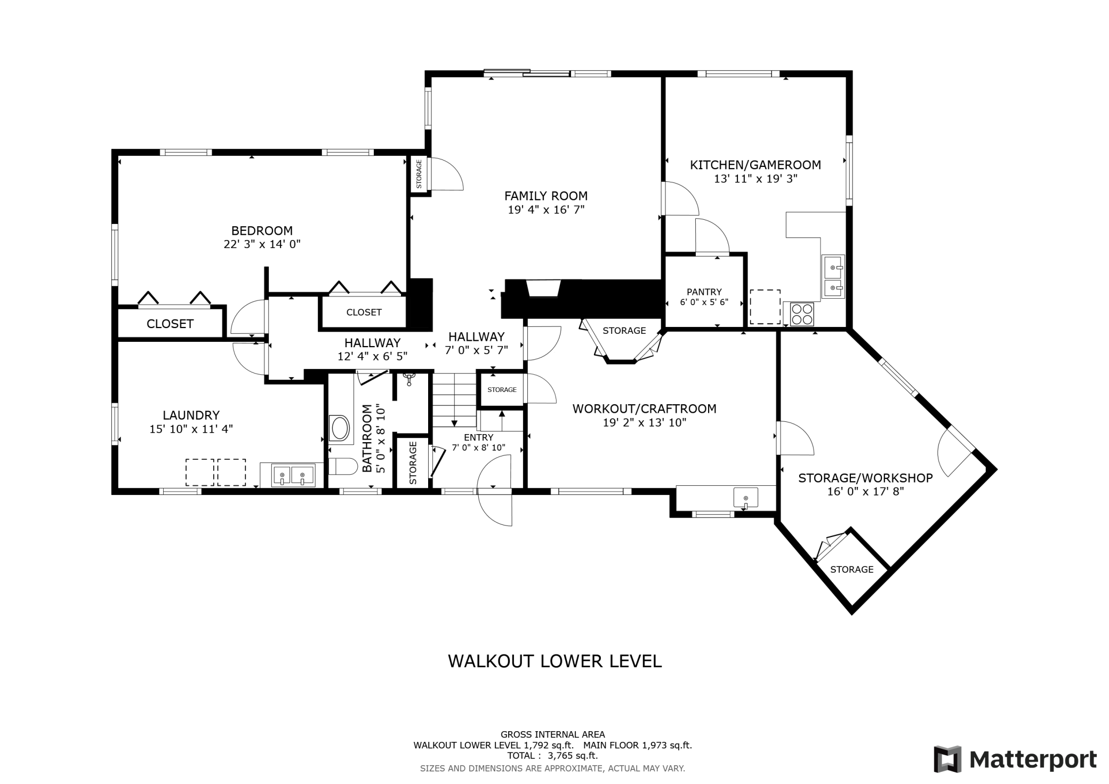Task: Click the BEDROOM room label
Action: click(x=262, y=231)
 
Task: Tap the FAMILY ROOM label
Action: click(x=546, y=196)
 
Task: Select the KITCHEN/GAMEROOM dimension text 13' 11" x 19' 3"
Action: click(x=756, y=179)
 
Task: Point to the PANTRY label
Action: click(x=704, y=292)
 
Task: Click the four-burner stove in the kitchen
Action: click(x=801, y=314)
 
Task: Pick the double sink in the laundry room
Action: click(x=293, y=475)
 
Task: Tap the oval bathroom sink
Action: click(x=340, y=428)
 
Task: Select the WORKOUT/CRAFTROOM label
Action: click(x=644, y=409)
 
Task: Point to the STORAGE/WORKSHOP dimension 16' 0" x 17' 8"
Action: click(x=865, y=492)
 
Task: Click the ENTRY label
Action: click(x=479, y=438)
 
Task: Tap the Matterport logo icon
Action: click(x=947, y=759)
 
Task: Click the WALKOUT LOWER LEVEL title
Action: click(x=554, y=661)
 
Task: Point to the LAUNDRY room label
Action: click(x=191, y=415)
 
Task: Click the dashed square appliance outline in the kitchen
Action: click(x=765, y=307)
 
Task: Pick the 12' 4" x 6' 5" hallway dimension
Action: click(x=372, y=356)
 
